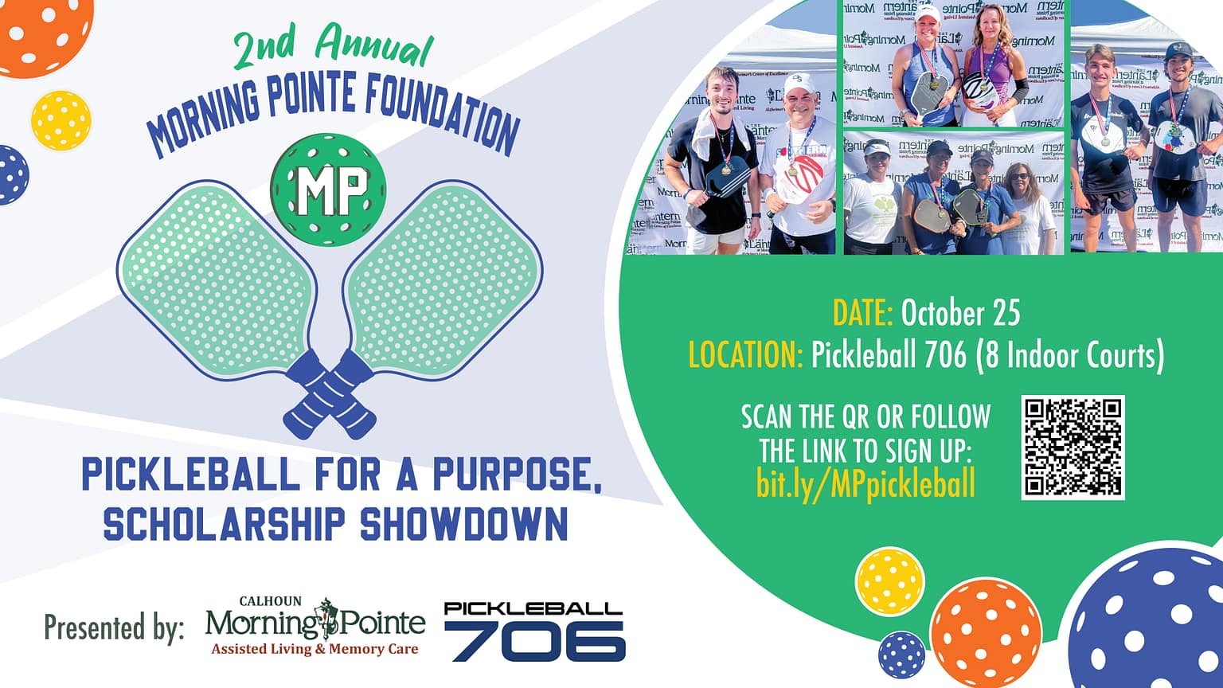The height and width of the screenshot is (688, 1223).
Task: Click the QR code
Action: (x=1073, y=447)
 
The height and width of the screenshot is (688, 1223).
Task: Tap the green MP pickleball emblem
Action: (x=328, y=190)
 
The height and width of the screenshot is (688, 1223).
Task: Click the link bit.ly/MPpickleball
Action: (x=865, y=483)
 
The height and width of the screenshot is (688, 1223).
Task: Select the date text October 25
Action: (x=959, y=313)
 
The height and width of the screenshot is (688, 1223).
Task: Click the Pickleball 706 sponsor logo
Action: (x=534, y=631)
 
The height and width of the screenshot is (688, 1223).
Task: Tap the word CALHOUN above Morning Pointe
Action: (x=271, y=601)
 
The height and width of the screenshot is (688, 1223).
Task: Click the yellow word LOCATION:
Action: (x=745, y=355)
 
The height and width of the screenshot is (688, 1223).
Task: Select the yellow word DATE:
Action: (x=862, y=313)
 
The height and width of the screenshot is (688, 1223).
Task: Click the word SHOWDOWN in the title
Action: (x=464, y=525)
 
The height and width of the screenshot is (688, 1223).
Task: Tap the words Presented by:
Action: (x=114, y=627)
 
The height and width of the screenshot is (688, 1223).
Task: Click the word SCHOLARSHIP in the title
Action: (x=224, y=525)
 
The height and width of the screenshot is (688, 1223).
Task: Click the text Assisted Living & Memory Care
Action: (x=315, y=649)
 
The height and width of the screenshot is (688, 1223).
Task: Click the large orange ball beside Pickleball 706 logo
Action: (x=986, y=632)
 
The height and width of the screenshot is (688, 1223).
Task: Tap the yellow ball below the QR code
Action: (x=889, y=580)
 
